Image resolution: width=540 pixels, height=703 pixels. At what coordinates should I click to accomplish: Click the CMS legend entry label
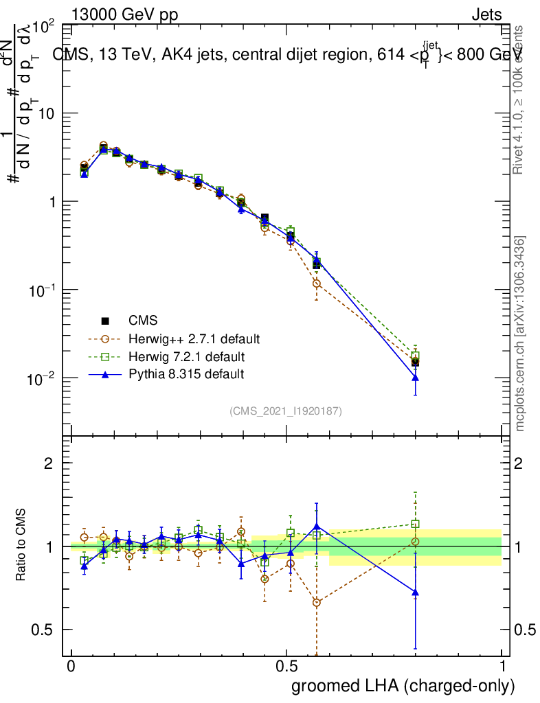click(x=142, y=320)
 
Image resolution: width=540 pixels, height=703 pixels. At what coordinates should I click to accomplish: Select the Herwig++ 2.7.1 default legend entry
click(x=194, y=338)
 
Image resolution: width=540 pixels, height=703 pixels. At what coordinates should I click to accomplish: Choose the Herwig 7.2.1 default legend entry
click(x=186, y=356)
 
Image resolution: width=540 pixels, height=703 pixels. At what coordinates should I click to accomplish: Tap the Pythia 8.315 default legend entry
click(x=185, y=374)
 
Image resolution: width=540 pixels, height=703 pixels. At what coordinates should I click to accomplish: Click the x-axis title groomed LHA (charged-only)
click(x=403, y=685)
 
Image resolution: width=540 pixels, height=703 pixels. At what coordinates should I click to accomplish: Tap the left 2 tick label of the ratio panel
click(x=49, y=463)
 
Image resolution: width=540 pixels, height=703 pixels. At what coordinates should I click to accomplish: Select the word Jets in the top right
click(x=486, y=15)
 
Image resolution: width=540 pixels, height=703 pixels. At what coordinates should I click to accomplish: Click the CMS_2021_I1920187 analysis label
click(x=286, y=411)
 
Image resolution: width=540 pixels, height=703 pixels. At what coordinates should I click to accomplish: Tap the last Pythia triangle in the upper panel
click(x=415, y=378)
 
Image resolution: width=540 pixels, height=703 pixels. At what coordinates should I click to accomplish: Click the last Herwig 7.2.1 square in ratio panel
click(x=415, y=524)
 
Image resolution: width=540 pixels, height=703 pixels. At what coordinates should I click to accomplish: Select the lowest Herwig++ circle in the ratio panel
click(x=316, y=602)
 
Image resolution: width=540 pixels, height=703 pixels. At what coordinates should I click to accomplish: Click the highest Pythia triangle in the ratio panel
click(x=316, y=527)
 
